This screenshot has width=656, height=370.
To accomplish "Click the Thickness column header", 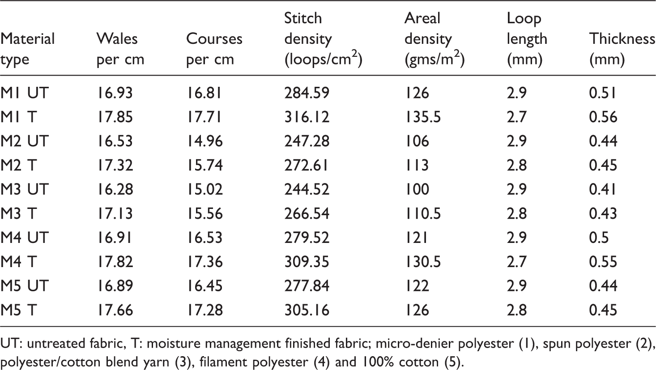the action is tap(622, 49).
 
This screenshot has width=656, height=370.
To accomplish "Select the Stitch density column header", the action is tap(324, 39).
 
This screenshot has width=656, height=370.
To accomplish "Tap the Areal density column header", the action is tap(434, 39).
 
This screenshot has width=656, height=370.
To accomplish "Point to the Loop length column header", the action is tap(527, 39).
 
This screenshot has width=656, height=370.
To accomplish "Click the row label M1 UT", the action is tap(24, 93).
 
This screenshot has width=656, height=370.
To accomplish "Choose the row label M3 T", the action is tap(18, 213).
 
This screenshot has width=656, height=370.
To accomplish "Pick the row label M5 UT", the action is tap(24, 285).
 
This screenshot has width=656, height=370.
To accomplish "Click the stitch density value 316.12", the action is tap(307, 117).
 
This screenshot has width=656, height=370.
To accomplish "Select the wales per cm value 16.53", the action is tap(115, 141).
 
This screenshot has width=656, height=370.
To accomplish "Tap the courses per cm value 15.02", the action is tap(204, 189).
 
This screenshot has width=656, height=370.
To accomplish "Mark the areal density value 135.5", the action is tap(423, 117).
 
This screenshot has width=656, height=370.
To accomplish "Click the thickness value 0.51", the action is tap(603, 93).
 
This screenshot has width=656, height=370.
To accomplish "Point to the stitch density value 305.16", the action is tap(307, 310).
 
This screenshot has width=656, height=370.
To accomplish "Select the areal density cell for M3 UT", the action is tap(417, 189).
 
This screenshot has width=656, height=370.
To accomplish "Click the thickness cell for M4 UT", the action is tap(599, 237).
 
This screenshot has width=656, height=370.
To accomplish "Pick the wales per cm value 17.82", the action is tap(115, 261).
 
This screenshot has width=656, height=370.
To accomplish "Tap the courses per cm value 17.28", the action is tap(204, 310).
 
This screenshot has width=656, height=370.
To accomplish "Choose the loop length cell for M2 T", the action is tap(516, 165).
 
